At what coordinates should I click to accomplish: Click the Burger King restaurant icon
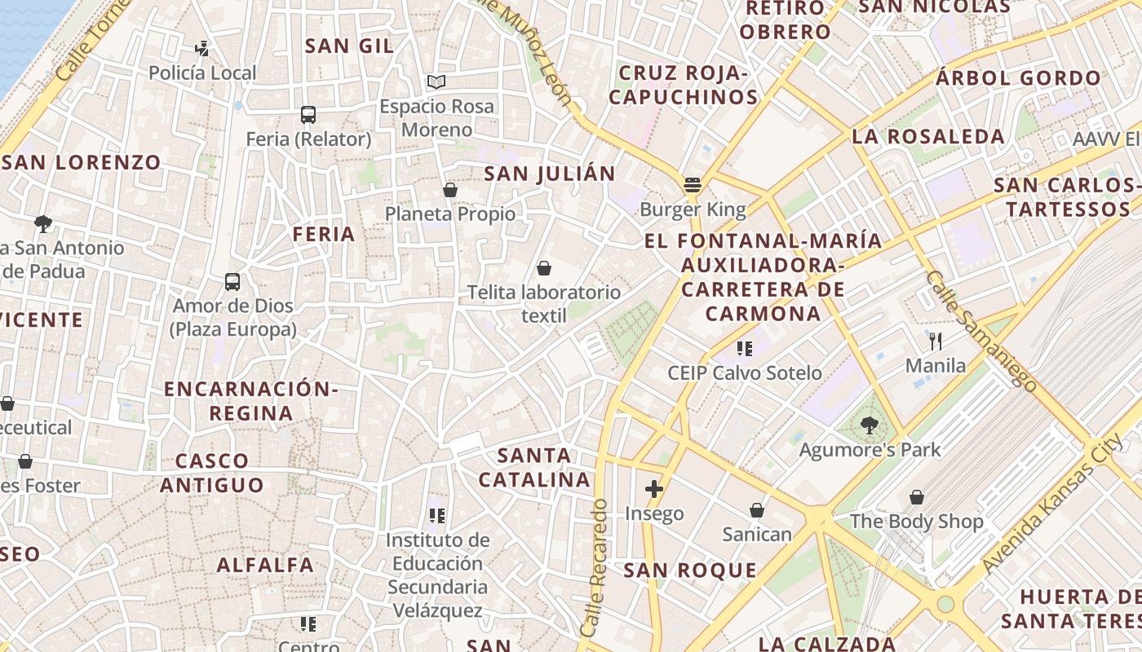(693, 185)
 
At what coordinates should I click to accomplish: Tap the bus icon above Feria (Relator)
(308, 115)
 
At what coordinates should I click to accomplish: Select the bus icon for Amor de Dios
(232, 282)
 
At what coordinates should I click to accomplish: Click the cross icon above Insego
(654, 489)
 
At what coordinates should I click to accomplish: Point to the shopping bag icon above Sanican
(757, 510)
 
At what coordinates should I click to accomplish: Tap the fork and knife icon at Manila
(936, 341)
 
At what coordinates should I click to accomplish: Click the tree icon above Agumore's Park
(870, 425)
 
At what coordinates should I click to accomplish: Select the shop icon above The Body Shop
(917, 496)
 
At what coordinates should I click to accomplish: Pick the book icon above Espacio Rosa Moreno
(436, 81)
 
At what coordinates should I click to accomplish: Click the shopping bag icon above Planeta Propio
(449, 190)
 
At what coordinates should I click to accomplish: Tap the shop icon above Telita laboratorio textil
(544, 267)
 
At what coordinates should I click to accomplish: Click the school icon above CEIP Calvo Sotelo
(744, 349)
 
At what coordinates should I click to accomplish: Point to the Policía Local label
(202, 73)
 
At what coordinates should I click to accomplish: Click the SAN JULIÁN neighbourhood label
(549, 174)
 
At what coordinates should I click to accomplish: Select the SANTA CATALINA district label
(534, 467)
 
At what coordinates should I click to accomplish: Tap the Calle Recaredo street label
(594, 567)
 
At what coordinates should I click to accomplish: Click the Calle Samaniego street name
(981, 331)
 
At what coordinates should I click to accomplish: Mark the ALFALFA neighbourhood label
(265, 565)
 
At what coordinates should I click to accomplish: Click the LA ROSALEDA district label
(928, 136)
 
